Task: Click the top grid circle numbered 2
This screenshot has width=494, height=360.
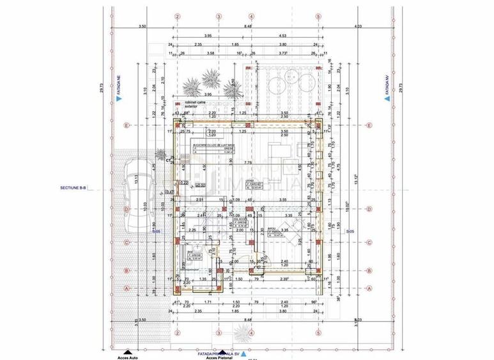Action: pyautogui.click(x=178, y=16)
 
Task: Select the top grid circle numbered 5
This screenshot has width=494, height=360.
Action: pyautogui.click(x=318, y=16)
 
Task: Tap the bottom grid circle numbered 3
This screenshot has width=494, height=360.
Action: pyautogui.click(x=219, y=333)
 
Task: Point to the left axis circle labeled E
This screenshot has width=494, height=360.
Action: pyautogui.click(x=128, y=125)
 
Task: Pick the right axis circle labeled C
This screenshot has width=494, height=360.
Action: pyautogui.click(x=370, y=242)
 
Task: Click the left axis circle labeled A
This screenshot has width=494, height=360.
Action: pyautogui.click(x=128, y=288)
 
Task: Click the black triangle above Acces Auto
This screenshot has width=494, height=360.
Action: pyautogui.click(x=128, y=351)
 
